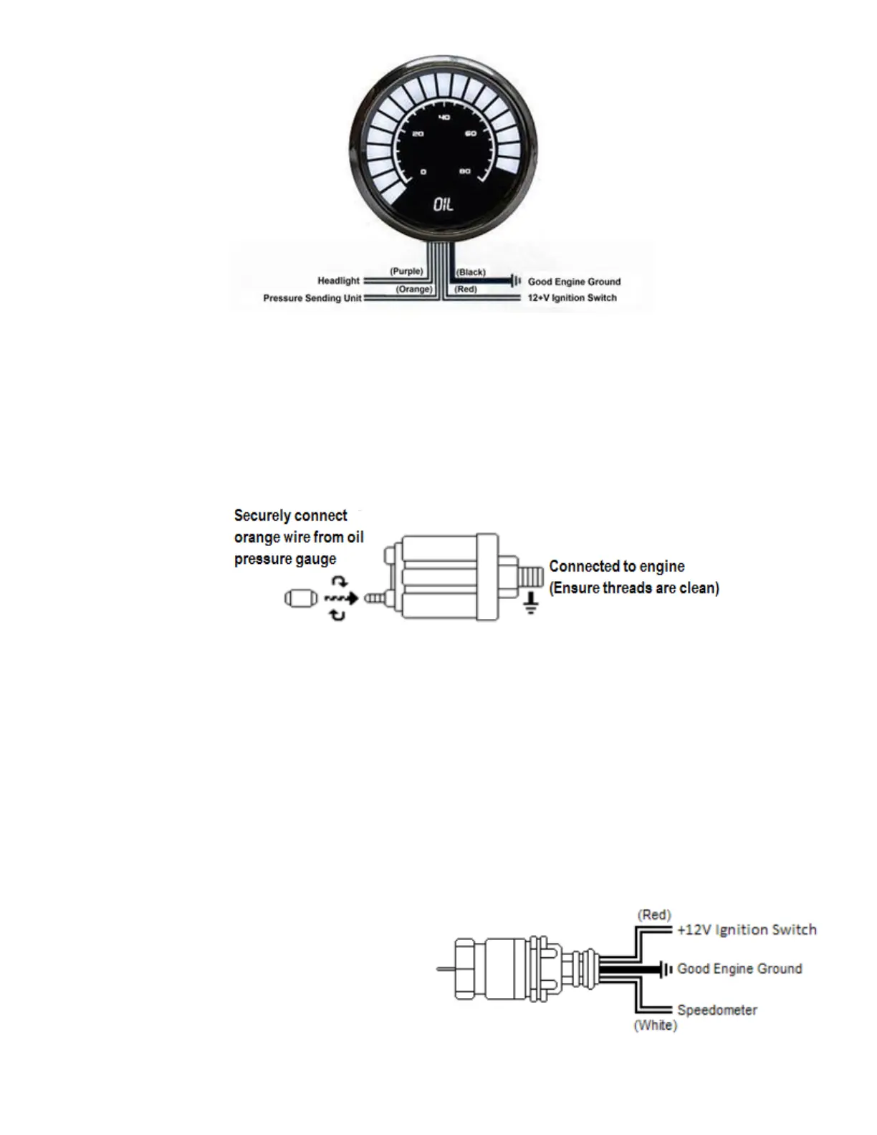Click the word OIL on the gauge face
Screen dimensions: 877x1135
click(444, 205)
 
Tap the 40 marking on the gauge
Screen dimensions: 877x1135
click(444, 118)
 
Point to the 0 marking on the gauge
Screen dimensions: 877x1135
click(423, 172)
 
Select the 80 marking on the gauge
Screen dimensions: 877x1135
click(465, 171)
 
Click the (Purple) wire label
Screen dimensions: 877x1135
click(406, 272)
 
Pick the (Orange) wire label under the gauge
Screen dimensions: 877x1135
click(414, 289)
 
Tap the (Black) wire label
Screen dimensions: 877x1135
click(471, 272)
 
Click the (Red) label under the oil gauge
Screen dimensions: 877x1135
click(466, 289)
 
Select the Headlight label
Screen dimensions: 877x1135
click(338, 281)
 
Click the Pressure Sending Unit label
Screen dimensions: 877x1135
click(312, 298)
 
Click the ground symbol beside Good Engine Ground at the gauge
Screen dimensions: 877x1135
click(515, 281)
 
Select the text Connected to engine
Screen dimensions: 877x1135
click(617, 567)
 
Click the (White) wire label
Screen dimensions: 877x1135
click(655, 1025)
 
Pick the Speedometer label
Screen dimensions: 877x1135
click(717, 1010)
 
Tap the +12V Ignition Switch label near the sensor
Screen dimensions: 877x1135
click(747, 930)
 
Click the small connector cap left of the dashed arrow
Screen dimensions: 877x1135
click(299, 598)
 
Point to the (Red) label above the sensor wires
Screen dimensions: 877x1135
click(653, 915)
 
